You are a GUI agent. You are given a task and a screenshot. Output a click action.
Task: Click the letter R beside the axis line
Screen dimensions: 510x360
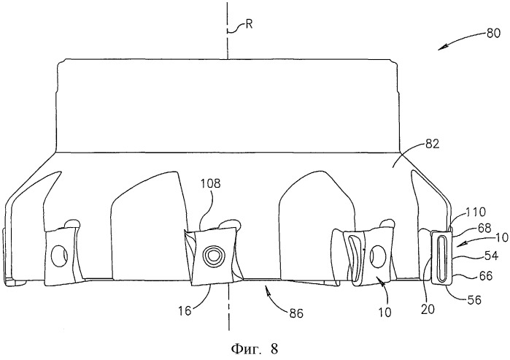[249, 24]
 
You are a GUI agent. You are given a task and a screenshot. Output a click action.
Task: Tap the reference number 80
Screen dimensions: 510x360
[493, 34]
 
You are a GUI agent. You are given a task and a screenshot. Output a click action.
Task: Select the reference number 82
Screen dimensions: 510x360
[432, 144]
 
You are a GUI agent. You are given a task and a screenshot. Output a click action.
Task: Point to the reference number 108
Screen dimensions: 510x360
[210, 183]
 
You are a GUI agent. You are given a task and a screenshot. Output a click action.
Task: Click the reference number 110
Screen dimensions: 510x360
[476, 212]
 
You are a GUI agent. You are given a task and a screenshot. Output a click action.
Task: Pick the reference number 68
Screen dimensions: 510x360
[484, 228]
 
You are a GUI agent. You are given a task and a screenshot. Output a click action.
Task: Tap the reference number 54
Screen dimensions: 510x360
[491, 256]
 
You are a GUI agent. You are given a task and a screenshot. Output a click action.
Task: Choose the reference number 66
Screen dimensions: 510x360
[486, 276]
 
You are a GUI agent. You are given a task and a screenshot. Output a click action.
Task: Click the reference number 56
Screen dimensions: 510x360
[474, 299]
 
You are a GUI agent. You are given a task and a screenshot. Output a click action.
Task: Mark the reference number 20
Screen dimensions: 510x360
[428, 309]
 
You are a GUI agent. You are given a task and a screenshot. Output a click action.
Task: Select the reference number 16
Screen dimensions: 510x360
[184, 311]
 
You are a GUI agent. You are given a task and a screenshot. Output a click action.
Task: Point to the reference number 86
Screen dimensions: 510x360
[296, 313]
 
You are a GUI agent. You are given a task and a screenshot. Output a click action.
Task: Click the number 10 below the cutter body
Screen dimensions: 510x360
[385, 313]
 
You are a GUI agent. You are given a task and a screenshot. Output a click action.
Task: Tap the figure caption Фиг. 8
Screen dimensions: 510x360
[255, 349]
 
